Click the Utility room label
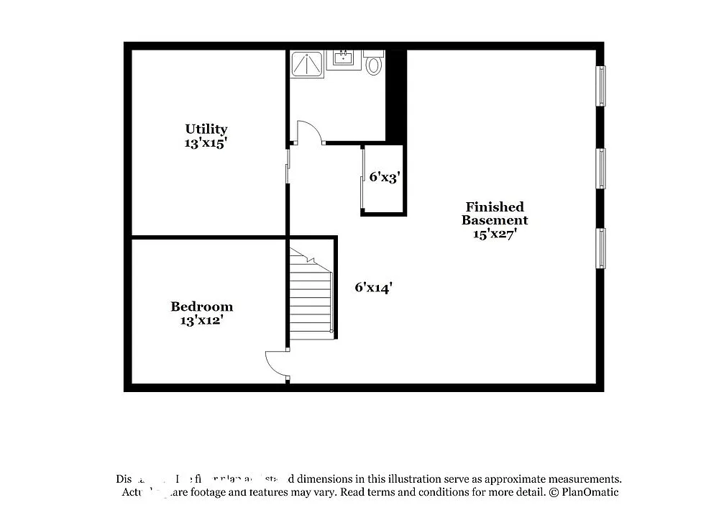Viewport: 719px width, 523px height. coord(206,129)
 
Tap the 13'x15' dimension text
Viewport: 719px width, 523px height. coord(206,142)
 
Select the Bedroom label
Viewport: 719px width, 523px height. coord(201,306)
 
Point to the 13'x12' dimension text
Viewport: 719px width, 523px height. coord(201,320)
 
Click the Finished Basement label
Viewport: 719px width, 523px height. coord(495,213)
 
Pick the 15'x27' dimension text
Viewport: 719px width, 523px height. coord(495,234)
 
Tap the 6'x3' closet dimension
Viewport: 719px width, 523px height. coord(384,177)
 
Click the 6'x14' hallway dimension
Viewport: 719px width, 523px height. coord(373,287)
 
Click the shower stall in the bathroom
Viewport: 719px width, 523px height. coord(307,63)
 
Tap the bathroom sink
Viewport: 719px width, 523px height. coord(344,59)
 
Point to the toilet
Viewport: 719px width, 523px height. coord(373,65)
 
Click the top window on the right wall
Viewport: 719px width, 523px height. coord(600,86)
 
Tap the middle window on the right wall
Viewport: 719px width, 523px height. coord(600,168)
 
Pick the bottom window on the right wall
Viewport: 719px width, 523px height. coord(600,247)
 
